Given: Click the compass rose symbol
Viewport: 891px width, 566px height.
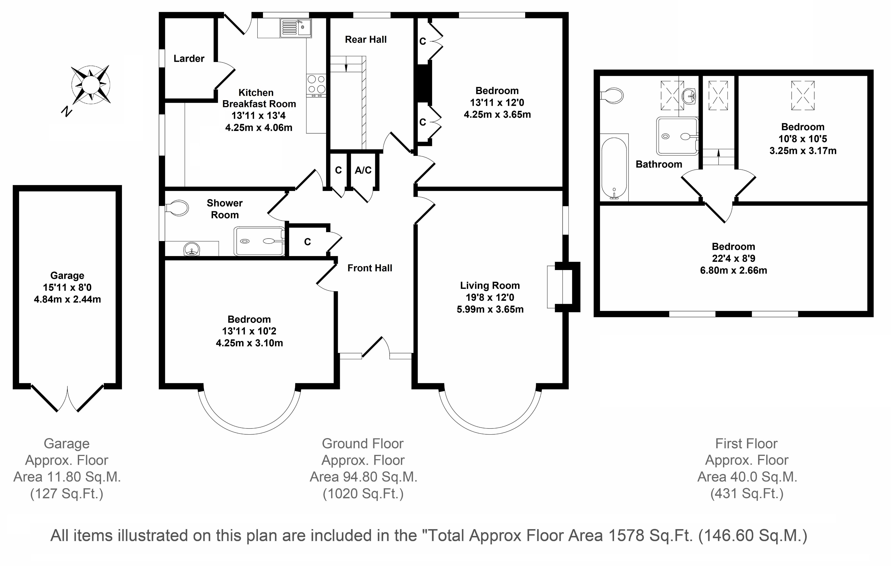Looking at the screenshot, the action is [90, 85].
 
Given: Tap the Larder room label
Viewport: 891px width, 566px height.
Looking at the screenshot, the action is [189, 58].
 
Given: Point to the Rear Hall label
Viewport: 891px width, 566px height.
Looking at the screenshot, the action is [366, 40].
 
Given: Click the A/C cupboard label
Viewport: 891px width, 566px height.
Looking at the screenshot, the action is [363, 170].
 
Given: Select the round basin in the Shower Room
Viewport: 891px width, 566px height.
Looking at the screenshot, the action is [192, 249].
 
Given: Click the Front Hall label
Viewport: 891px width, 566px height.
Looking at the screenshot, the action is [370, 268].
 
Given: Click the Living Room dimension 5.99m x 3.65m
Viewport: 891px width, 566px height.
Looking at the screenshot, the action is [490, 309].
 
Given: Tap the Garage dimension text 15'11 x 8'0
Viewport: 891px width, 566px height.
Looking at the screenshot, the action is [67, 287].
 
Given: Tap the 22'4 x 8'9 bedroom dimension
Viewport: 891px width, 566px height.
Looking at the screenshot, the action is [733, 258].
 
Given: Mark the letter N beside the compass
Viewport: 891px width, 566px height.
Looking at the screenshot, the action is [67, 111].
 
